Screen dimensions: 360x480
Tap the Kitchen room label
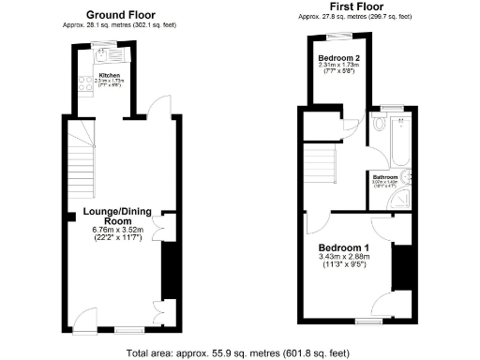click(x=110, y=75)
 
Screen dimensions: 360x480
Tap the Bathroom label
click(x=385, y=175)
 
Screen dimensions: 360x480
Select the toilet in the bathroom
click(x=378, y=124)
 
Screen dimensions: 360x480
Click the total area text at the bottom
click(x=240, y=352)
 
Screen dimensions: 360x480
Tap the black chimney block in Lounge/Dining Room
click(x=171, y=270)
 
